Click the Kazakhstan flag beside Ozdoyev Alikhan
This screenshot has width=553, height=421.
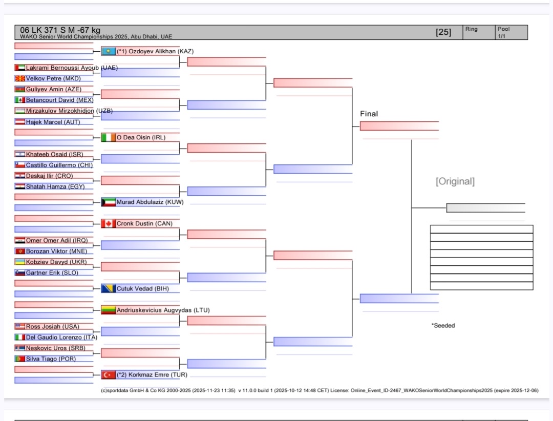tap(108, 51)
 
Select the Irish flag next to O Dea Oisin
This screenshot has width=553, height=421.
tap(108, 137)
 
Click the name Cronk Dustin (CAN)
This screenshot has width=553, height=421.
tap(144, 224)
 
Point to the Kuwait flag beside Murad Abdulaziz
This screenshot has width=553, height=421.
tap(108, 202)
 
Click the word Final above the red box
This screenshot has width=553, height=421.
tap(369, 114)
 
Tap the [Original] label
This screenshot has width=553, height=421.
tap(455, 181)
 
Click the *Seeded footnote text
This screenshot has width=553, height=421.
tap(443, 325)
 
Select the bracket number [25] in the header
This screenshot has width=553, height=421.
tap(443, 32)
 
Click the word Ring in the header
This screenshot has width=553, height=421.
tap(471, 29)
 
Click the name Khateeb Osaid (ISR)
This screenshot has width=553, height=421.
tap(54, 154)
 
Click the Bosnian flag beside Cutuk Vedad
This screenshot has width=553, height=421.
tap(108, 288)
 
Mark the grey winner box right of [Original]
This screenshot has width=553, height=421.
tap(485, 207)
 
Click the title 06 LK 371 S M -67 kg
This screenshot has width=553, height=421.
tap(60, 30)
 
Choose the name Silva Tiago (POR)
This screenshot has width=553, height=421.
tap(51, 359)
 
